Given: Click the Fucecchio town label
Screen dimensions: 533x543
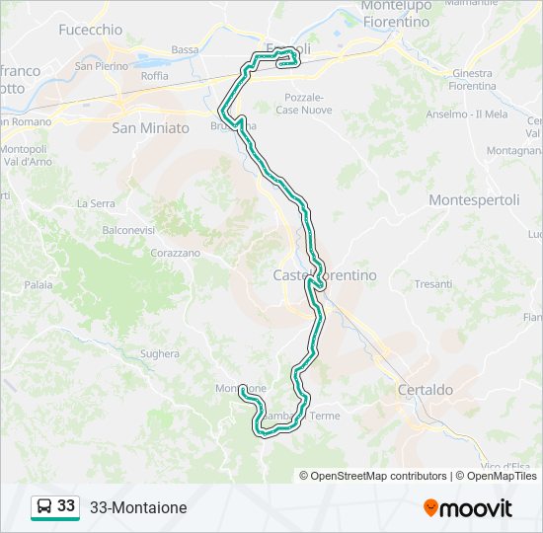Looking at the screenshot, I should [x=89, y=30].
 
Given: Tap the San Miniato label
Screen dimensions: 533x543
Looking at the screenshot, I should [x=150, y=127].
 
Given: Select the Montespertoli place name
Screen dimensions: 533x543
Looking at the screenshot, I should [x=474, y=199].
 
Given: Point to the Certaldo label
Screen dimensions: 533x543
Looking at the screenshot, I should [x=426, y=390].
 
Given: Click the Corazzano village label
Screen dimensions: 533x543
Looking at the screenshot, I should [x=175, y=253].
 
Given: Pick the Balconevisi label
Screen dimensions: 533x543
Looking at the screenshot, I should [x=128, y=229].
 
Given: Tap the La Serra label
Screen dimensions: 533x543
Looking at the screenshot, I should [x=96, y=203].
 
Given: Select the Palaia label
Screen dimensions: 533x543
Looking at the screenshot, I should [x=39, y=284].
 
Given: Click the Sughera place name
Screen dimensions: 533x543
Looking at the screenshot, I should [x=160, y=353].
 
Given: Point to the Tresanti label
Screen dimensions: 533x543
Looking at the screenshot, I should [x=433, y=283].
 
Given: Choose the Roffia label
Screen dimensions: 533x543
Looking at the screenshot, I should [x=154, y=76].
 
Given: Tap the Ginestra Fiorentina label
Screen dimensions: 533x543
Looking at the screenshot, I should [x=472, y=80].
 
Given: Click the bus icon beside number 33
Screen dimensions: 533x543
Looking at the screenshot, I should [x=44, y=506].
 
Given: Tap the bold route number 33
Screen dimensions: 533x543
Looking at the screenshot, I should [x=66, y=505].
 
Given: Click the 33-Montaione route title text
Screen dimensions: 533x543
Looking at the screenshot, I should [x=137, y=507].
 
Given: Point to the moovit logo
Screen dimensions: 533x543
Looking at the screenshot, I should [x=468, y=507].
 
